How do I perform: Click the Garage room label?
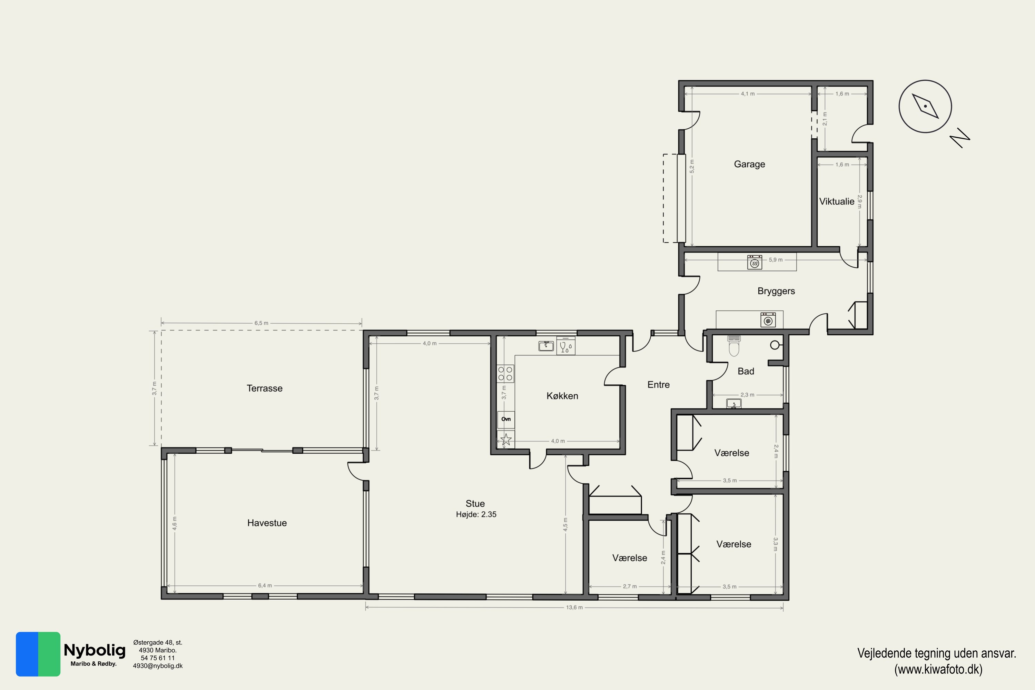click(749, 164)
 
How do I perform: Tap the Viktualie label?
click(837, 201)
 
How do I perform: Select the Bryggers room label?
click(776, 291)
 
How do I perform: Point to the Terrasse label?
click(265, 388)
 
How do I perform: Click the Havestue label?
click(267, 523)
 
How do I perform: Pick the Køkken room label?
click(562, 396)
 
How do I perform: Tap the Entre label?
click(659, 385)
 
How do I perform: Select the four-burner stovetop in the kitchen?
click(505, 374)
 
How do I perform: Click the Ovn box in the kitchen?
click(506, 419)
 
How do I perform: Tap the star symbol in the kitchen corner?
click(506, 439)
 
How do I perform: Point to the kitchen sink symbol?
click(546, 346)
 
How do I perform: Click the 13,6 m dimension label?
click(574, 607)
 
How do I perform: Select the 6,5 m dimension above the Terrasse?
click(262, 323)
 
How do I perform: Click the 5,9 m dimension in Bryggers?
click(776, 260)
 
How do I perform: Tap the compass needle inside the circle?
click(925, 106)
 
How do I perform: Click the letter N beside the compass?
click(960, 138)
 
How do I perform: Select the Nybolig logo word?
click(95, 650)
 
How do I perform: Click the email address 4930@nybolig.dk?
click(158, 666)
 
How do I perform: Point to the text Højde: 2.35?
click(476, 514)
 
